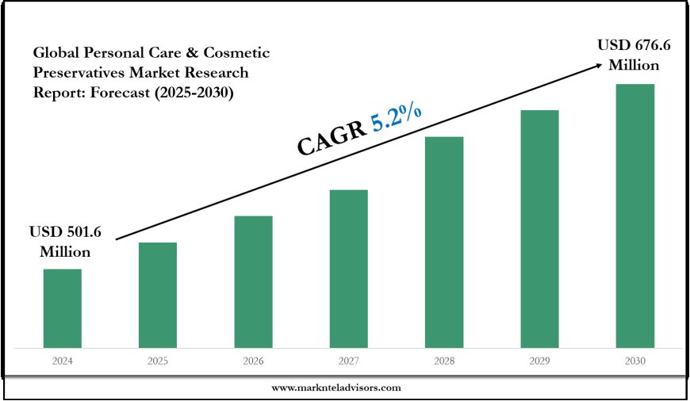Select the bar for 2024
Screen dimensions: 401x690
63,307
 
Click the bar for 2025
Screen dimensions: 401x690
158,294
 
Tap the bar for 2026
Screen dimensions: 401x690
253,281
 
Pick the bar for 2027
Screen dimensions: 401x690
348,268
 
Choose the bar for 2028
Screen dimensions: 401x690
444,242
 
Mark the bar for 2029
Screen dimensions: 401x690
539,228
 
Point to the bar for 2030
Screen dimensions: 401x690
634,215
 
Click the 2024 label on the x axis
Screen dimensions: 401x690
63,361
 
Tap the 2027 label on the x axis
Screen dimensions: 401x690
348,361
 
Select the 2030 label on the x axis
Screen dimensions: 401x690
634,361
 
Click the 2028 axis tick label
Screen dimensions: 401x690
444,361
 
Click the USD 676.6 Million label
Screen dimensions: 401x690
634,56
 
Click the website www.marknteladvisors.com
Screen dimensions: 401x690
335,388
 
